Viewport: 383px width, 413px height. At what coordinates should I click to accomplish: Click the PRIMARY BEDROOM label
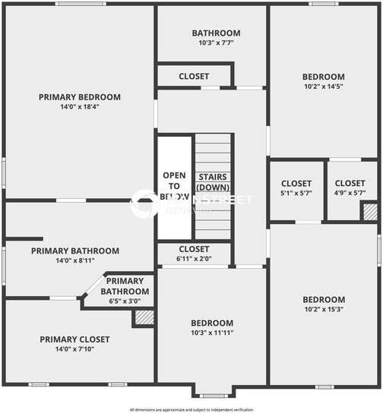point(79,96)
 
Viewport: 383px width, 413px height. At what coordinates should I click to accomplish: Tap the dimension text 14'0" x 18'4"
point(79,106)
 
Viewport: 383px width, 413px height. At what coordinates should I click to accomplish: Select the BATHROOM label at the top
point(216,33)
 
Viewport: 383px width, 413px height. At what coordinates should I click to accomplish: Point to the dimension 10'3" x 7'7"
point(216,43)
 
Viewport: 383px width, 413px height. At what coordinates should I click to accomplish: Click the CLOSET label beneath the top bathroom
point(194,76)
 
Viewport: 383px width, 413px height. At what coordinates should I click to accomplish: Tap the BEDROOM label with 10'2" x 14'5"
point(323,77)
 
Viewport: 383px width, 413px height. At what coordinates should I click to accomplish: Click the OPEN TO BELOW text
point(174,186)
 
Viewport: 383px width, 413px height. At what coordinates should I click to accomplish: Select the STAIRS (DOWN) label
point(213,182)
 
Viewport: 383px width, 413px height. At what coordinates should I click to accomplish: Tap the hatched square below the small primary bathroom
point(144,317)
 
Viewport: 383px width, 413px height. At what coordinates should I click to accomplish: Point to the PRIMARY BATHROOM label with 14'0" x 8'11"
point(74,251)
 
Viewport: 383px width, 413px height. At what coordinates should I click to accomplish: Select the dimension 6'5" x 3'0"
point(125,300)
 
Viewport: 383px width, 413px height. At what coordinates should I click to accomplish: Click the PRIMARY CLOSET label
point(74,339)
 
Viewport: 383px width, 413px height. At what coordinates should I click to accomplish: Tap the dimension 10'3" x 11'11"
point(212,333)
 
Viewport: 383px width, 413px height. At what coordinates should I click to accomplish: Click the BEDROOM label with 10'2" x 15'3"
point(323,300)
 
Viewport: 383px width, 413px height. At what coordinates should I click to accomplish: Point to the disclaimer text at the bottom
point(191,409)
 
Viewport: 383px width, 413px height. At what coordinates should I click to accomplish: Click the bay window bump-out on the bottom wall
point(212,393)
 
